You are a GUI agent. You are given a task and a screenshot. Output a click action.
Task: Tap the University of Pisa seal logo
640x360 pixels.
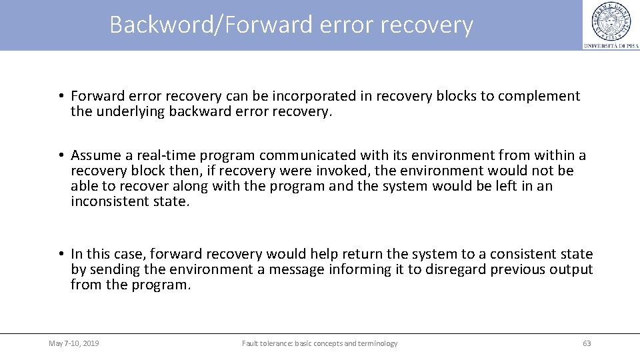(x=610, y=21)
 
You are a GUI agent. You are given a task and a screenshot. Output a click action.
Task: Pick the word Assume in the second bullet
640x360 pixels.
(x=96, y=155)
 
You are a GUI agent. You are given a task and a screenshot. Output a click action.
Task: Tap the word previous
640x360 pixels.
(x=519, y=269)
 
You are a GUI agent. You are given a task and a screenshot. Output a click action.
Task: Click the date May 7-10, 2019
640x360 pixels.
(x=74, y=343)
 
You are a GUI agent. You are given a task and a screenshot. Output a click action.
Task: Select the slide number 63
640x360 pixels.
(x=587, y=343)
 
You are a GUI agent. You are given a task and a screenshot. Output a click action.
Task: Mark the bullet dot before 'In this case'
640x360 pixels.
(x=60, y=254)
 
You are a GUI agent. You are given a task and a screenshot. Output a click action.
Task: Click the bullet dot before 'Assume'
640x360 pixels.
(x=60, y=155)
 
